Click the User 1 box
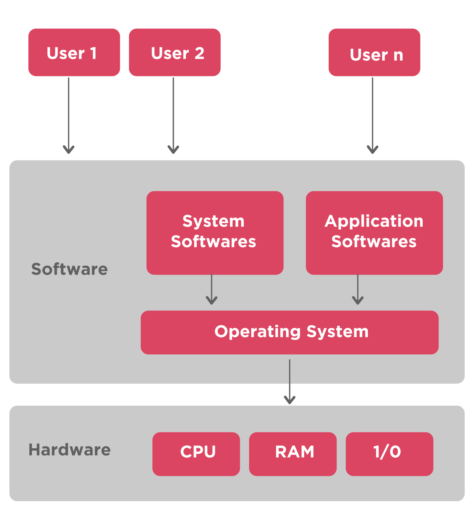point(74,52)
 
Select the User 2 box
point(175,52)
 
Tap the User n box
point(374,52)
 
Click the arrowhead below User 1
point(69,150)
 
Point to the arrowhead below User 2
point(173,150)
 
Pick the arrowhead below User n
point(373,150)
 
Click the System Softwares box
point(215,233)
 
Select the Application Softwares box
point(374,233)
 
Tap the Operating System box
point(290,333)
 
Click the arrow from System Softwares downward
point(212,290)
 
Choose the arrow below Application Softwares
point(358,290)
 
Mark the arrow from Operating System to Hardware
point(290,382)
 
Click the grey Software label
point(69,269)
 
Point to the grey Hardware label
point(69,450)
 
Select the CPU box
point(196,454)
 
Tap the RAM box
point(293,454)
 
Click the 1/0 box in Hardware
point(389,454)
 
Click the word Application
point(374,221)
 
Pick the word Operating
point(257,332)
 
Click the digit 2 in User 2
point(199,53)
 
